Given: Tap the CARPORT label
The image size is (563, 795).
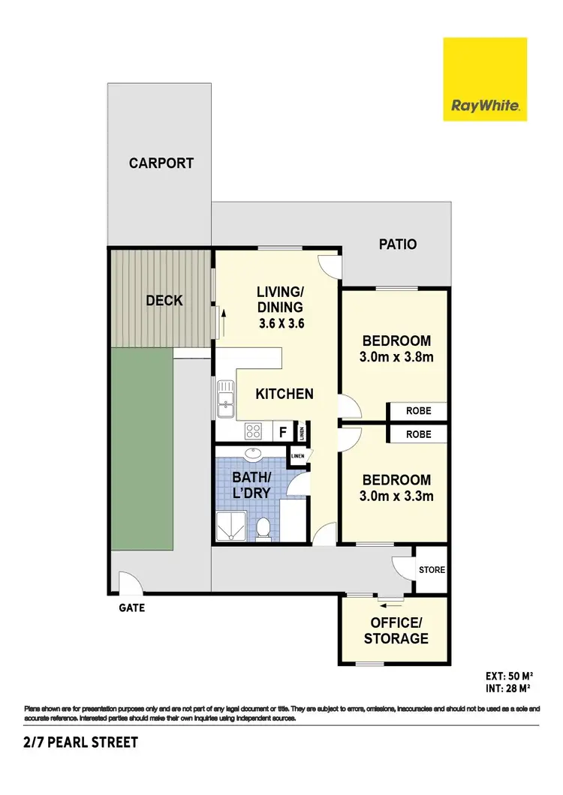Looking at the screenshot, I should coord(161,163).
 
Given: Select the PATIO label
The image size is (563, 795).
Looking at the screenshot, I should coord(397,244).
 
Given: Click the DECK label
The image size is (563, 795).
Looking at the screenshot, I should coord(164,301).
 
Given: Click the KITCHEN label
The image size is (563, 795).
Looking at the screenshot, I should coord(284,393).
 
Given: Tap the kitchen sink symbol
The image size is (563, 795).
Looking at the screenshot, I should coord(225,398).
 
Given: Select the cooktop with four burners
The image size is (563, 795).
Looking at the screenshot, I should coord(254,431).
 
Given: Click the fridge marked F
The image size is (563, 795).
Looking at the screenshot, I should coord(283,432).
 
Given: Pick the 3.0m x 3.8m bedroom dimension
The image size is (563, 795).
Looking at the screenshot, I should coord(396,357).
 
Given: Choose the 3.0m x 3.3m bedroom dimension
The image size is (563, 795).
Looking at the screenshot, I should coord(396,496).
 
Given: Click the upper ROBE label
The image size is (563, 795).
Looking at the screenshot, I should coord(418,411).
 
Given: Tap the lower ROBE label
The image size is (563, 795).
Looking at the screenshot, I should coord(418,433).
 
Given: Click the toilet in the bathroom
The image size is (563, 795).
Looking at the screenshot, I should coord(263,529).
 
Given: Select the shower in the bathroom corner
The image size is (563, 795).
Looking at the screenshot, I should coord(233,526).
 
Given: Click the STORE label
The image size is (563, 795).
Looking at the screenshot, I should coord(432,570).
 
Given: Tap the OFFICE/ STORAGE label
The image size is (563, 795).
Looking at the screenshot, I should coord(396,631).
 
